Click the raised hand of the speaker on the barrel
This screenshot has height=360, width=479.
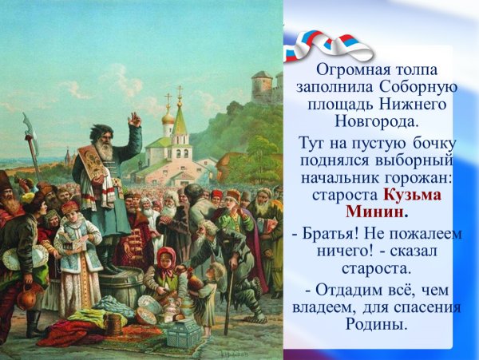pyautogui.click(x=134, y=119)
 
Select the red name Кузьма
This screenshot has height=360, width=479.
pyautogui.click(x=413, y=195)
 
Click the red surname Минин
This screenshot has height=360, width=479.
pyautogui.click(x=375, y=212)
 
